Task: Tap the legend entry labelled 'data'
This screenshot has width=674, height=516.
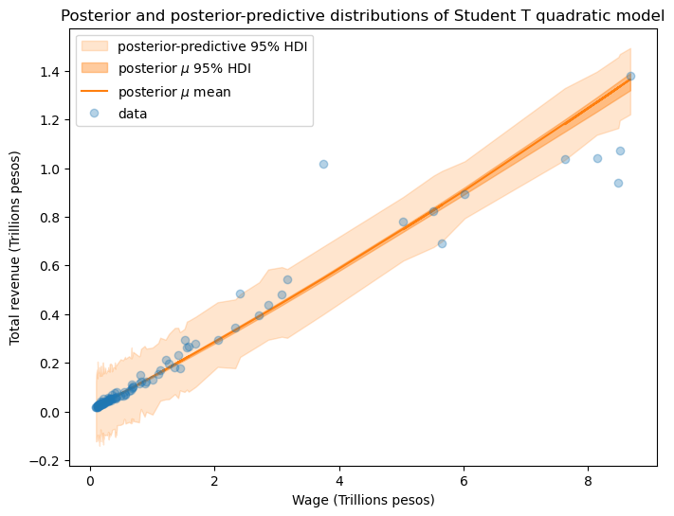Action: point(146,114)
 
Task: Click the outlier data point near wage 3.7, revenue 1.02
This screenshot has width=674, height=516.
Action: point(323,164)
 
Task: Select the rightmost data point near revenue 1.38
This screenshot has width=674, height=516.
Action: point(630,76)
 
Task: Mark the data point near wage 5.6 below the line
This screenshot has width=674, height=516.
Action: point(442,243)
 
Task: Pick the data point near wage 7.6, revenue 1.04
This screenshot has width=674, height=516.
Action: point(565,159)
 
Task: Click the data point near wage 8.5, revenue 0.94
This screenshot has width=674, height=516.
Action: point(618,183)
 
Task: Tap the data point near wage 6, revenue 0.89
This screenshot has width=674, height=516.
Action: point(465,194)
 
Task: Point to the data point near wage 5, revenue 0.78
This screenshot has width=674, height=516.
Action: point(403,222)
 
